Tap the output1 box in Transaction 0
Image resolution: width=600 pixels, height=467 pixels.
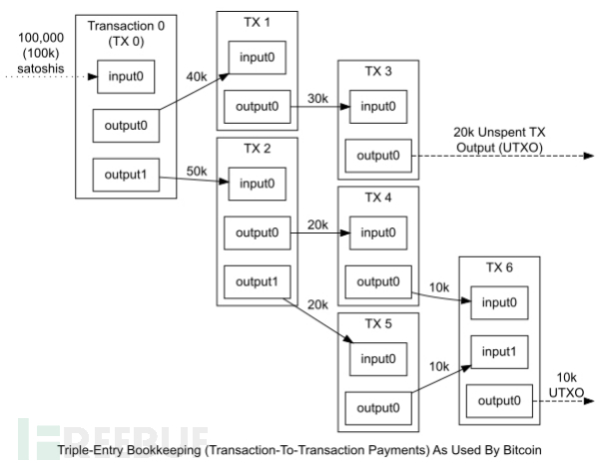(x=123, y=176)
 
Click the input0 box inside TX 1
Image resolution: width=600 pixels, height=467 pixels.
(x=259, y=57)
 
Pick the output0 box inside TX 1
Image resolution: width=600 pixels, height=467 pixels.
(x=258, y=104)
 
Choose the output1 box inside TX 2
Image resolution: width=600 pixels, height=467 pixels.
(x=258, y=280)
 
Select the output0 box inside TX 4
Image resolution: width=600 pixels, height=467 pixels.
(x=378, y=280)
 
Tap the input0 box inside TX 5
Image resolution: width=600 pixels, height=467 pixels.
(x=378, y=358)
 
